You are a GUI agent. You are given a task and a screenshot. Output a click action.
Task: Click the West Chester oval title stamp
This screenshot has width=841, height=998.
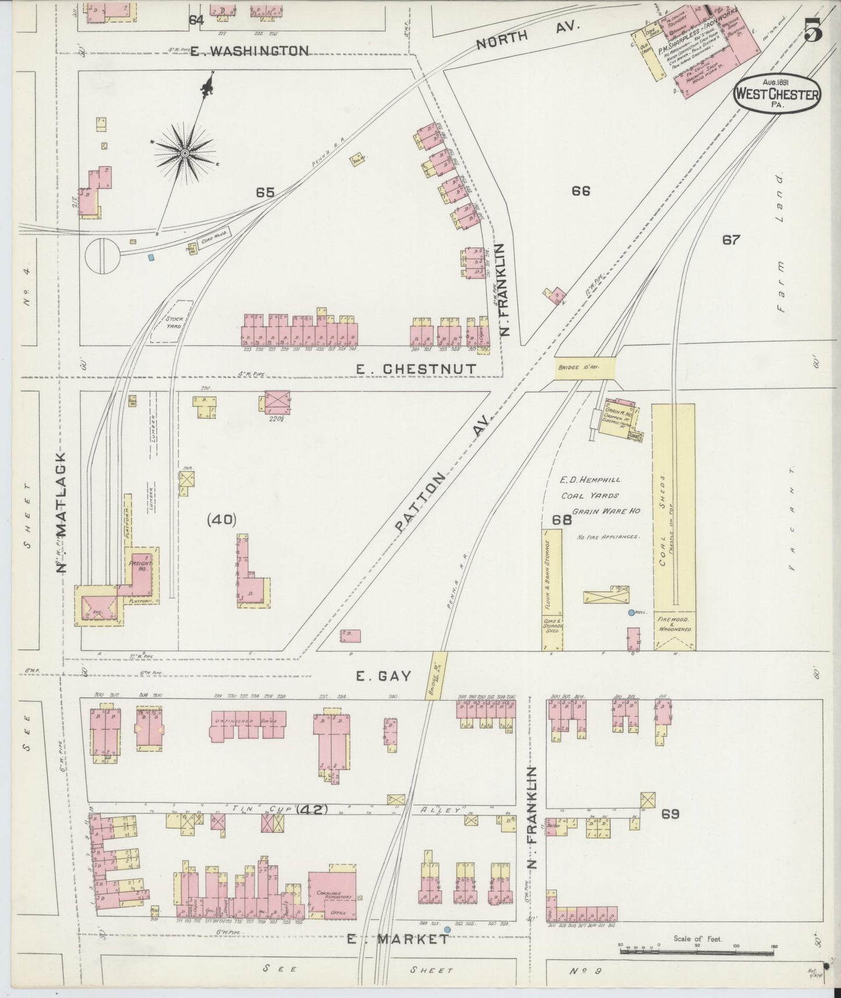(x=776, y=95)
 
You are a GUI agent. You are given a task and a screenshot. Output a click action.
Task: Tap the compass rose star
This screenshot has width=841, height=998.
(x=184, y=153)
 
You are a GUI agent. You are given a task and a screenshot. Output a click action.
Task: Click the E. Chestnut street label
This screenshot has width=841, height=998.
(x=416, y=369)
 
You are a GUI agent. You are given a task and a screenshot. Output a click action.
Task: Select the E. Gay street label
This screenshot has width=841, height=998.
(x=384, y=676)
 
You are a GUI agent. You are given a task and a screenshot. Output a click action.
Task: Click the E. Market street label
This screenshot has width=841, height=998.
(x=398, y=940)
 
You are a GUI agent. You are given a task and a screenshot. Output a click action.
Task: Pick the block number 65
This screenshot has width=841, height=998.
(x=264, y=192)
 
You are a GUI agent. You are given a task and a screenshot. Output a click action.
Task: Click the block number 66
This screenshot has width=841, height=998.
(x=581, y=190)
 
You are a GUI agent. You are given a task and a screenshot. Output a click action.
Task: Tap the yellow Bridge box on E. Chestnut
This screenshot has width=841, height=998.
(x=584, y=368)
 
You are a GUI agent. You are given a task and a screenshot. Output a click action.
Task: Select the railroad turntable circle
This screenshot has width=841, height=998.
(x=102, y=256)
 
